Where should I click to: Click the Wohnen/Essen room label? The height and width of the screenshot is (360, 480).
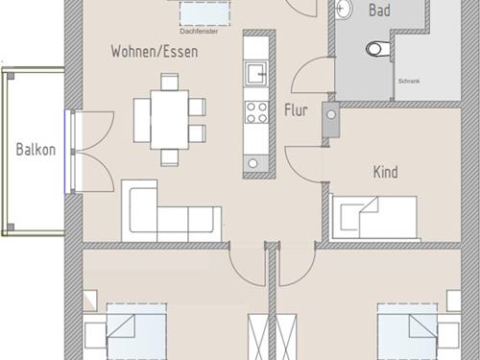pyautogui.click(x=155, y=52)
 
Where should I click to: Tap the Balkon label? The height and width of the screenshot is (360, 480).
pyautogui.click(x=36, y=150)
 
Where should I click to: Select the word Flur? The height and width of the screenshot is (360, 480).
pyautogui.click(x=296, y=110)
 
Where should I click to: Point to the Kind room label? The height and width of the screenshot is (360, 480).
pyautogui.click(x=386, y=172)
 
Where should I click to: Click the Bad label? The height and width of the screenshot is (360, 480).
pyautogui.click(x=379, y=10)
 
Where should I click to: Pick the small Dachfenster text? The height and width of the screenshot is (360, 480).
pyautogui.click(x=199, y=32)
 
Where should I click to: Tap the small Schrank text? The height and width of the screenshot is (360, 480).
pyautogui.click(x=409, y=82)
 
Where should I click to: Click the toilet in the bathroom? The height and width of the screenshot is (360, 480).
pyautogui.click(x=378, y=49)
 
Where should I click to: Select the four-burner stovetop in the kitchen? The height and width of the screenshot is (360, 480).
pyautogui.click(x=256, y=112)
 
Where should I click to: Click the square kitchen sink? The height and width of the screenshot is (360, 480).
pyautogui.click(x=256, y=73)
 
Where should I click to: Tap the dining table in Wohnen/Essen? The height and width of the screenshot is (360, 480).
pyautogui.click(x=170, y=120)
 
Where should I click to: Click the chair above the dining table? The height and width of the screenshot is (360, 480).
pyautogui.click(x=170, y=82)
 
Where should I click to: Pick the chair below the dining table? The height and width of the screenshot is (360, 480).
pyautogui.click(x=170, y=157)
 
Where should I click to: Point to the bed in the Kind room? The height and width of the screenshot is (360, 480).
pyautogui.click(x=374, y=218)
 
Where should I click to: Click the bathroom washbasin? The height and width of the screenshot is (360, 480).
pyautogui.click(x=344, y=8)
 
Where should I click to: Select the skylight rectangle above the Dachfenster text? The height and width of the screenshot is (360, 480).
pyautogui.click(x=204, y=13)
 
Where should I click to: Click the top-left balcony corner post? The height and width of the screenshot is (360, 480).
pyautogui.click(x=11, y=76)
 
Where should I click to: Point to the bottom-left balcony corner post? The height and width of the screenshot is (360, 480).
pyautogui.click(x=11, y=228)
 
